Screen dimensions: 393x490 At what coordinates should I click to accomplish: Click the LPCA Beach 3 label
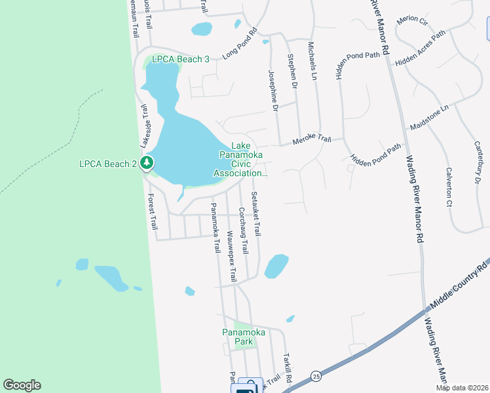pyautogui.click(x=180, y=59)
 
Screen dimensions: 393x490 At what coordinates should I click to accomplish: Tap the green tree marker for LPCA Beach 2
pyautogui.click(x=148, y=162)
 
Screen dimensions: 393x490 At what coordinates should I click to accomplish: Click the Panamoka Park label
pyautogui.click(x=243, y=337)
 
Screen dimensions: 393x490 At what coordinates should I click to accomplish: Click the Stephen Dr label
pyautogui.click(x=293, y=73)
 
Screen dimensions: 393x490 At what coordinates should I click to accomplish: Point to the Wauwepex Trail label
pyautogui.click(x=231, y=256)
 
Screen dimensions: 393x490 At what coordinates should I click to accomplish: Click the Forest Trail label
pyautogui.click(x=152, y=211)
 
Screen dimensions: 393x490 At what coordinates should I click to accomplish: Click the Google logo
pyautogui.click(x=22, y=385)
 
